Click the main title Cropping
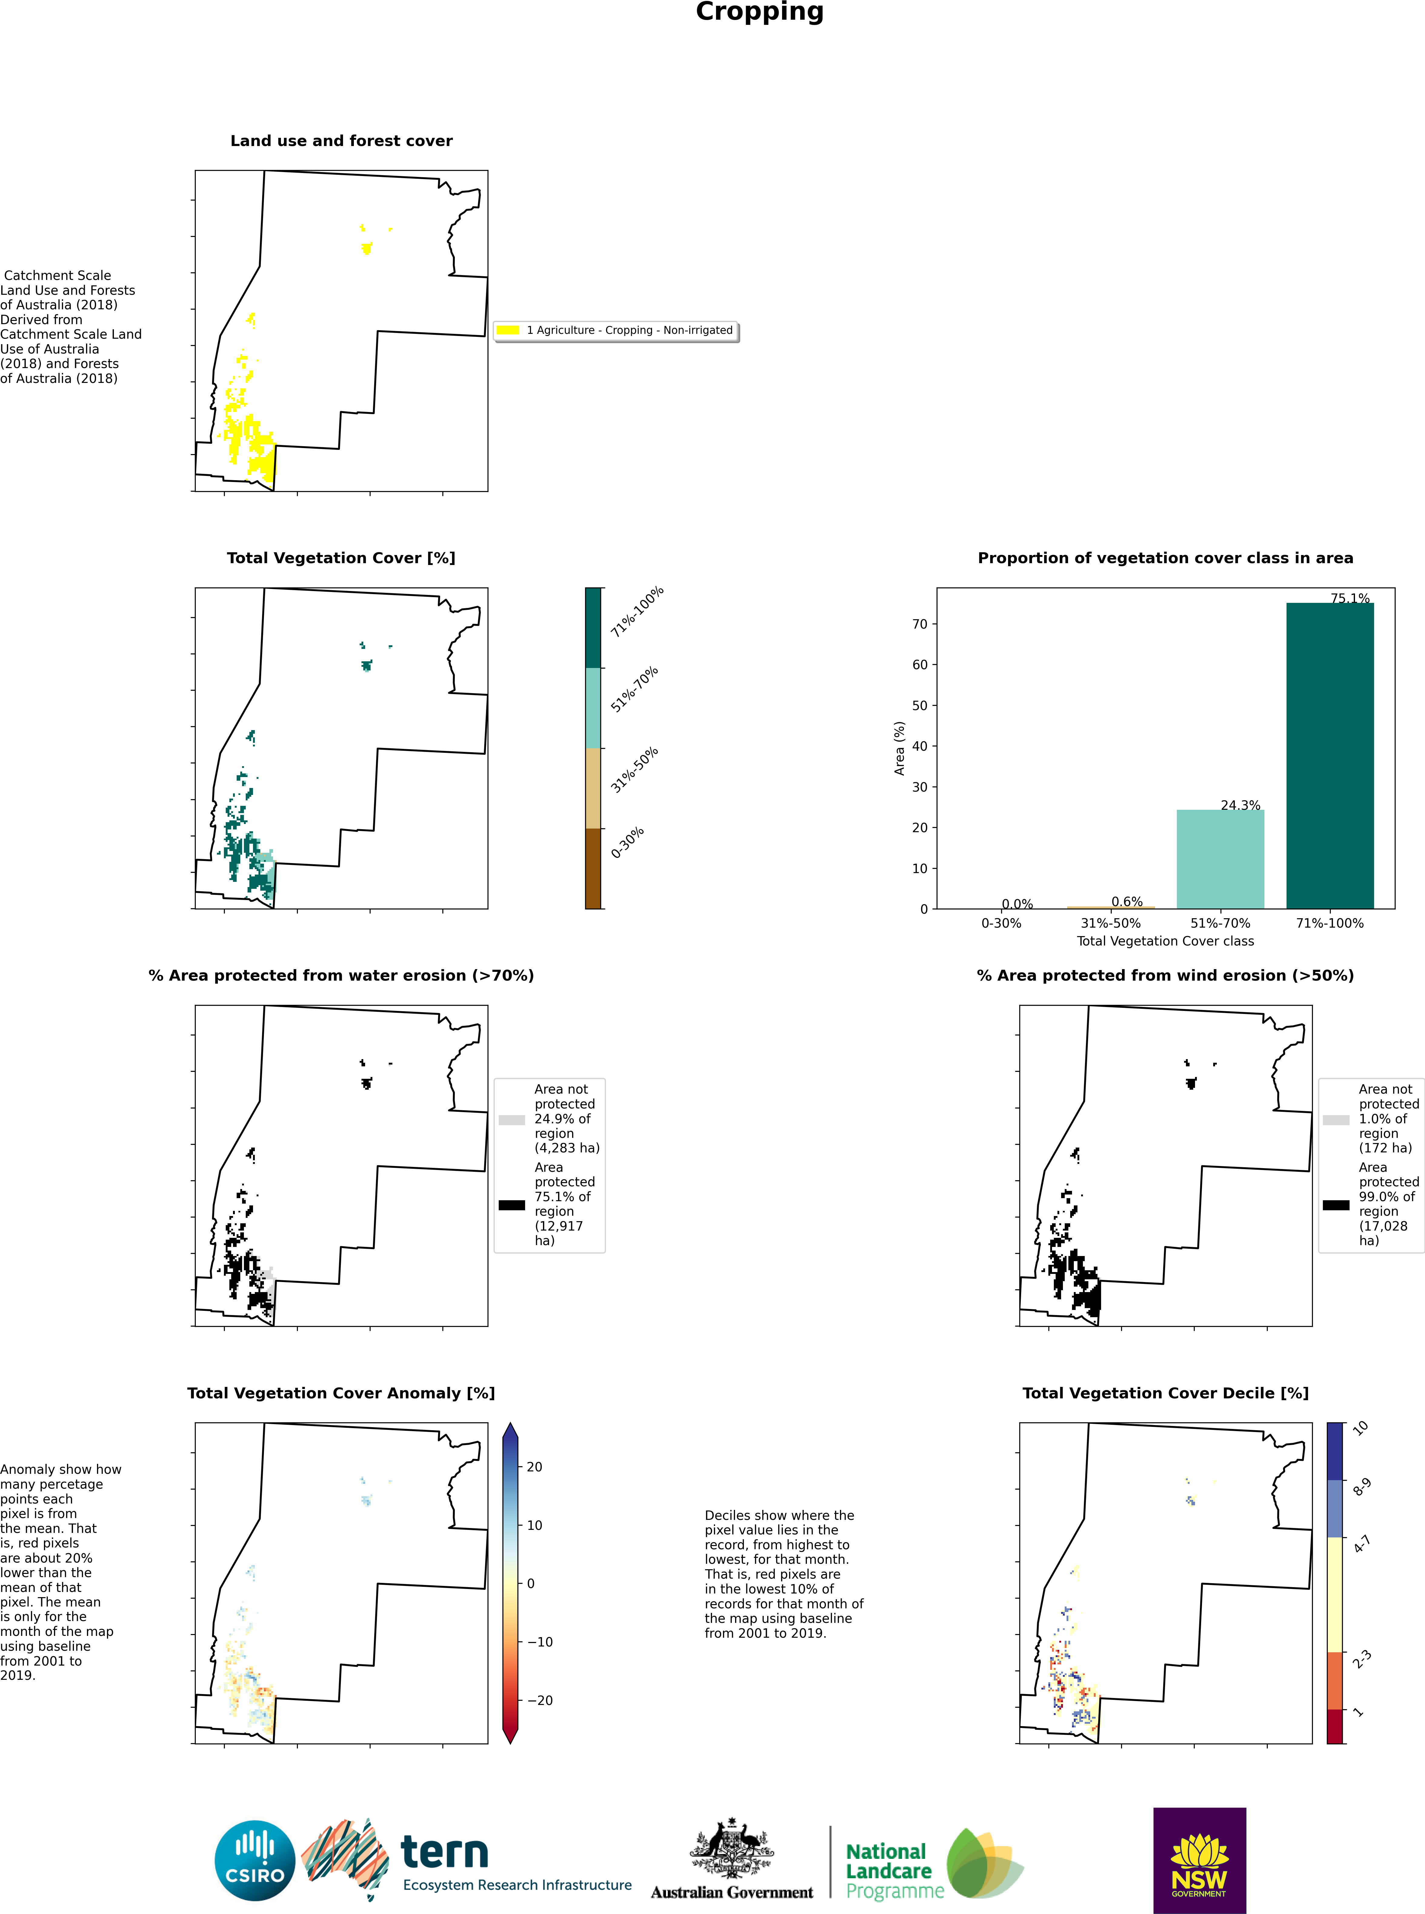[760, 12]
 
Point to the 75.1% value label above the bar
[1350, 598]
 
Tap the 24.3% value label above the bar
[1240, 805]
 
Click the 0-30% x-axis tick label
[1001, 923]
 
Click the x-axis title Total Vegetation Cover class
[1165, 941]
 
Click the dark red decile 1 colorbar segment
[1335, 1726]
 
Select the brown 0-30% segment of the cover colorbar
[594, 869]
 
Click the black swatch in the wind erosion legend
[1336, 1205]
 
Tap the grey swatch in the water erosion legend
[511, 1120]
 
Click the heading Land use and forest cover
[341, 141]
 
